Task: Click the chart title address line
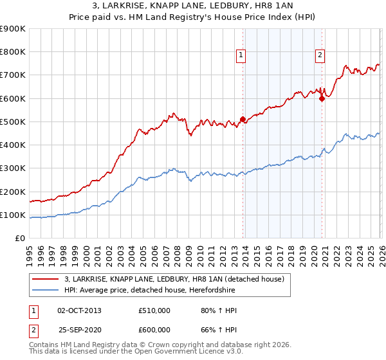pyautogui.click(x=192, y=6)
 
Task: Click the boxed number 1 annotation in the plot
pyautogui.click(x=241, y=56)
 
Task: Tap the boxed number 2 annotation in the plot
pyautogui.click(x=320, y=56)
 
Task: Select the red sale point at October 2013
pyautogui.click(x=243, y=119)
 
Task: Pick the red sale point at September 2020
pyautogui.click(x=322, y=98)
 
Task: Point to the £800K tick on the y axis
pyautogui.click(x=13, y=52)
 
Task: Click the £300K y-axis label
pyautogui.click(x=13, y=168)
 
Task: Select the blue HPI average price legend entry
pyautogui.click(x=150, y=291)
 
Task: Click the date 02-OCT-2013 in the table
pyautogui.click(x=79, y=310)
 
